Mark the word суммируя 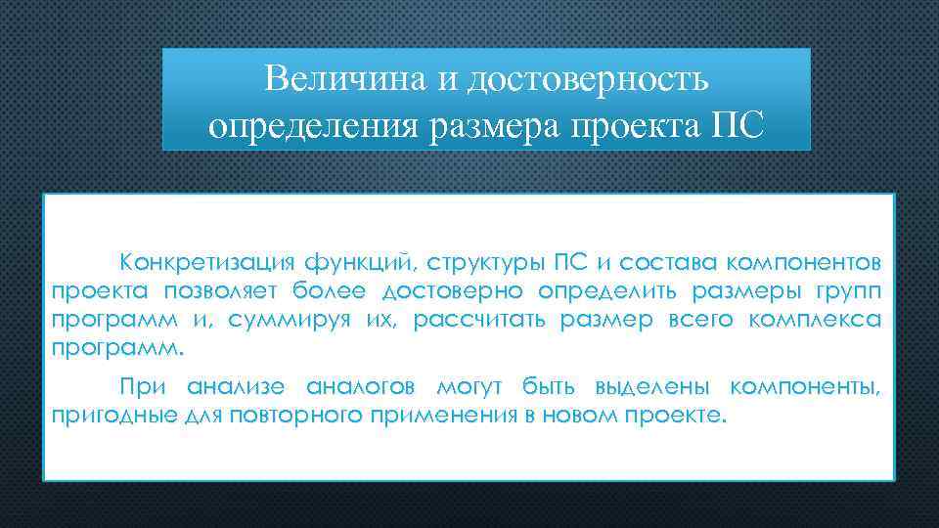tap(316, 320)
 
